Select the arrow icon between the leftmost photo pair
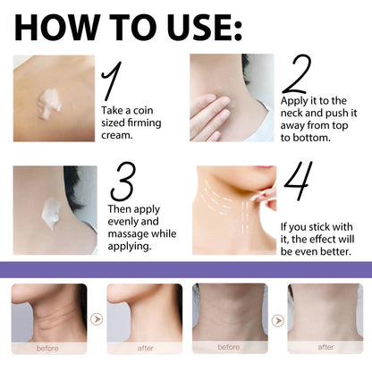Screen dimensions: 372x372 click(x=97, y=318)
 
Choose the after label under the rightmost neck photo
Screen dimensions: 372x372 click(x=325, y=347)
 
